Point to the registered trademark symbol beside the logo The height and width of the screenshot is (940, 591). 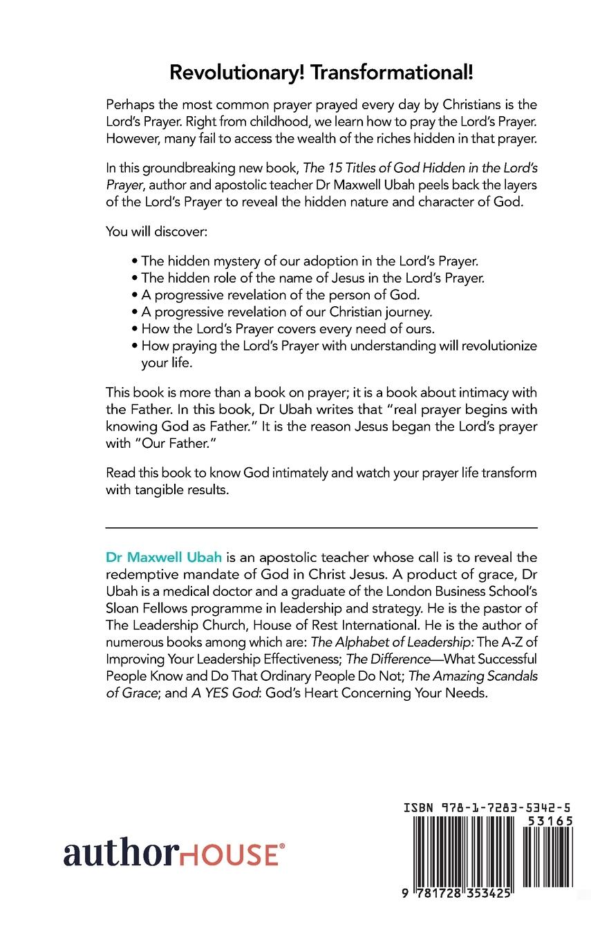coord(281,845)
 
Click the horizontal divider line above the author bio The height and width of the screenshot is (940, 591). coord(321,528)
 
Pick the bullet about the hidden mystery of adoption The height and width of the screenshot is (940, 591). coord(304,261)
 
